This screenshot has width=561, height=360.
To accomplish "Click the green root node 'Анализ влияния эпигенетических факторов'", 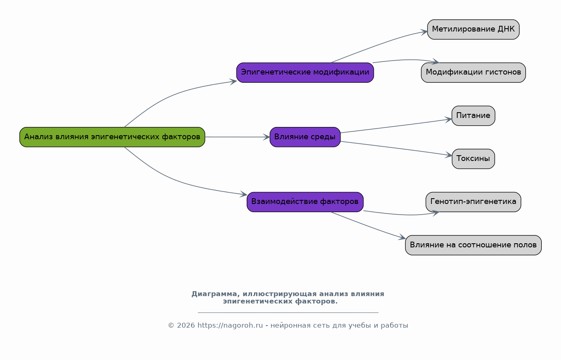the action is click(112, 137).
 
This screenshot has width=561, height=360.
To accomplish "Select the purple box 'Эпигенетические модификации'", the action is click(305, 72).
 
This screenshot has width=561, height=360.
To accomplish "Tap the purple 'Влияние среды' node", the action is click(305, 137).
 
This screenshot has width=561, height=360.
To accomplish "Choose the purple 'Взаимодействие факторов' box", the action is click(305, 202).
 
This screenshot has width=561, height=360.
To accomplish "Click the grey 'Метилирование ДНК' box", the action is click(473, 29).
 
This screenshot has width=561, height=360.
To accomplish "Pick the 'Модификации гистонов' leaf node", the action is click(473, 72).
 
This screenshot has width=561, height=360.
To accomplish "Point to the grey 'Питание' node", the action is click(473, 115).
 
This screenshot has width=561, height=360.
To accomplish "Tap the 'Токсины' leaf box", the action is click(473, 159).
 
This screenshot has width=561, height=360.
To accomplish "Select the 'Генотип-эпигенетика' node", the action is click(473, 202).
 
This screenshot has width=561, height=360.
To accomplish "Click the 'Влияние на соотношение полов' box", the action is click(473, 245).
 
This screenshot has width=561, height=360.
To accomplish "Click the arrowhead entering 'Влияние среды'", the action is click(266, 137).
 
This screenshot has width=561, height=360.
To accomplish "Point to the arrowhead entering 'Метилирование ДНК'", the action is click(424, 32).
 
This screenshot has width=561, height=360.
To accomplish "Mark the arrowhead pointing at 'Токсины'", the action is click(449, 155).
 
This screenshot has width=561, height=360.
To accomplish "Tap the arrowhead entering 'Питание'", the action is click(448, 120).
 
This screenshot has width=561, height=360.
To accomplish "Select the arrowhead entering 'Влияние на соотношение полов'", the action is click(402, 237).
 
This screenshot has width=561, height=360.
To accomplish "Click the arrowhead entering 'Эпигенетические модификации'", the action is click(233, 82).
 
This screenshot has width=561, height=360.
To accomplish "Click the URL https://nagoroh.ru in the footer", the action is click(230, 326).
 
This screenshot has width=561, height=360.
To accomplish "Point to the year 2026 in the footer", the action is click(186, 326).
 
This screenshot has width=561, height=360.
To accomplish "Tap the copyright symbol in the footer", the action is click(171, 326).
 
